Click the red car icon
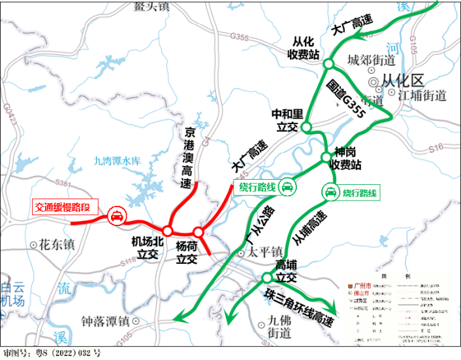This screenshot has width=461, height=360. coord(116,216)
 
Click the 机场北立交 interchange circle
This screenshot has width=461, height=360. coord(168,231)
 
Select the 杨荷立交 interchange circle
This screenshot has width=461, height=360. coord(198,231)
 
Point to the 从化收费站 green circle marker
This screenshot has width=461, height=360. coord(328,63)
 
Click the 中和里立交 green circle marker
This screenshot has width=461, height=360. coord(307,127)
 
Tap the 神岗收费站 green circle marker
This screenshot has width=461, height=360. coord(326,157)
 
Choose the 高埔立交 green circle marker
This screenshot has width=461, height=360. coord(267,278)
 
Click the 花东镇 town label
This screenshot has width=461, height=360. coord(57,246)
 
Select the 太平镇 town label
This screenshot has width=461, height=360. coord(264,252)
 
